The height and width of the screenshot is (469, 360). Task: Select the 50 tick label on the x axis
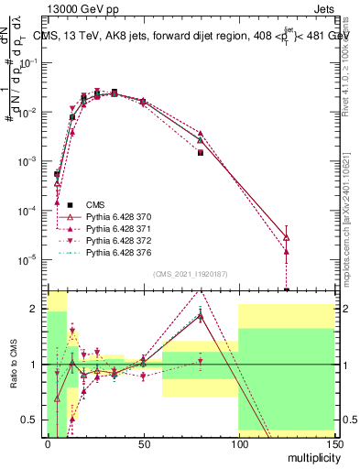point(143,443)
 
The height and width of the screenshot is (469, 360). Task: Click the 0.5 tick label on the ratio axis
point(30,420)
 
